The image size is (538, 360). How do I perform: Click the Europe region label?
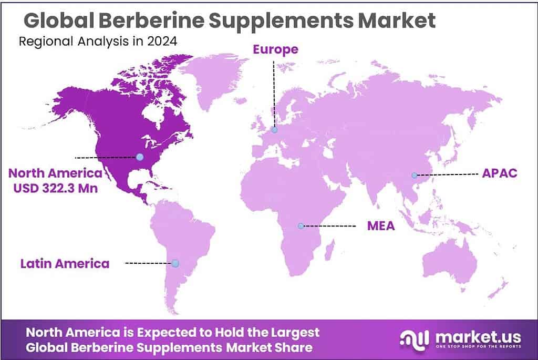275,49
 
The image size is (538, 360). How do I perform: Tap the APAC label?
500,174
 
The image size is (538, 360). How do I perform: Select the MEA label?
380,226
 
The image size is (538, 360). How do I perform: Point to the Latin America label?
65,263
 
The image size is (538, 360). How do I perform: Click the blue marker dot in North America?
139,157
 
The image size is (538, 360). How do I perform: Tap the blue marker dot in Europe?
274,130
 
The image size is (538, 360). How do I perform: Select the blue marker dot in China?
414,174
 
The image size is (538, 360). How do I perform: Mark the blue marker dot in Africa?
300,226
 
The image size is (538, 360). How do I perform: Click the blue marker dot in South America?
175,263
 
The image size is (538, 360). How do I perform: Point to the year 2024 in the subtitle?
161,42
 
